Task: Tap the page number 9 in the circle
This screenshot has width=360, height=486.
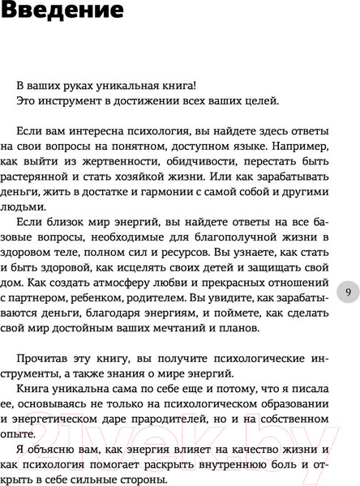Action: (347, 293)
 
